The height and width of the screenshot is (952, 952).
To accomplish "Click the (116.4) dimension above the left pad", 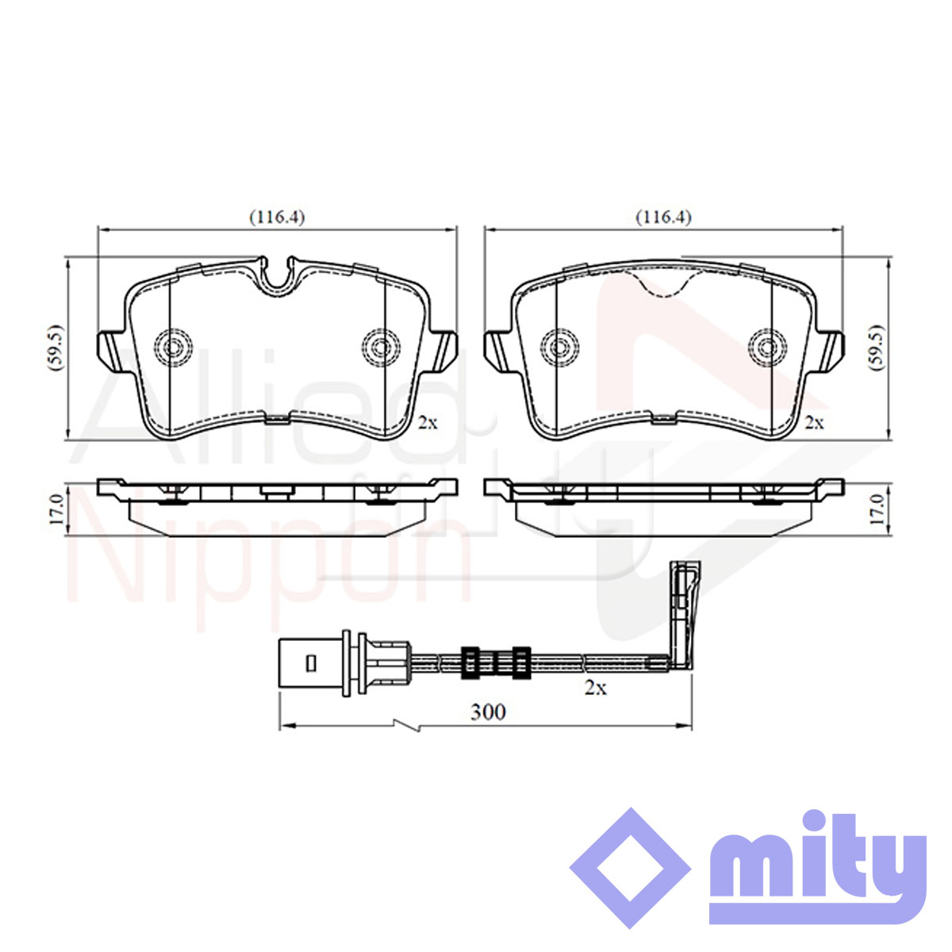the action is [277, 217].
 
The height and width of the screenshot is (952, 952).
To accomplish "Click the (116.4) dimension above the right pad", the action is [663, 217].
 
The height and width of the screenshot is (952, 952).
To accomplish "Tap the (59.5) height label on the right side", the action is [877, 347].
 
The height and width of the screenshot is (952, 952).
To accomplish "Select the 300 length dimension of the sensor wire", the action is [488, 712].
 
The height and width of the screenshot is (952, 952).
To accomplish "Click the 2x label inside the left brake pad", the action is [428, 423].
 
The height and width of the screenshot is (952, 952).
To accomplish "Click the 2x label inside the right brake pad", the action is [815, 423].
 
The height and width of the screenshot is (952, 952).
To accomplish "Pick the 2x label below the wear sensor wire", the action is [596, 688].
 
